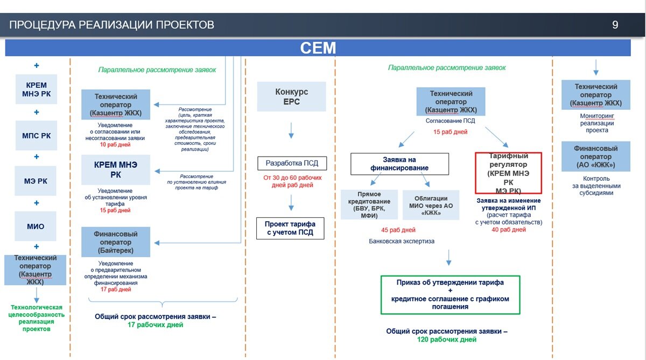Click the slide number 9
point(615,25)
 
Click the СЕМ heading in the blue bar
point(318,48)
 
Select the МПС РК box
point(37,136)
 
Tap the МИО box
point(36,226)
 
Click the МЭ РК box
point(36,181)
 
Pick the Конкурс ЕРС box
point(292,96)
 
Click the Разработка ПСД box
point(292,164)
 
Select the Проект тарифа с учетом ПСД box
point(290,228)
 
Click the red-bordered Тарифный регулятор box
point(508,173)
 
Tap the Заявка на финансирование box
point(399,164)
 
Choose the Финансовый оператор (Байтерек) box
point(116,242)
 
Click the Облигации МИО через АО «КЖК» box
point(431,205)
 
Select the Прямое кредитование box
point(369,204)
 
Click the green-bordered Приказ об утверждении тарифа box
point(450,295)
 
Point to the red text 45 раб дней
point(398,230)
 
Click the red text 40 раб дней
point(509,230)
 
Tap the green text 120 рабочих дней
point(447,340)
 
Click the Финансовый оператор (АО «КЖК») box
point(596,157)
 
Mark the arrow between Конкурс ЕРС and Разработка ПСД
point(291,130)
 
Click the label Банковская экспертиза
point(402,241)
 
